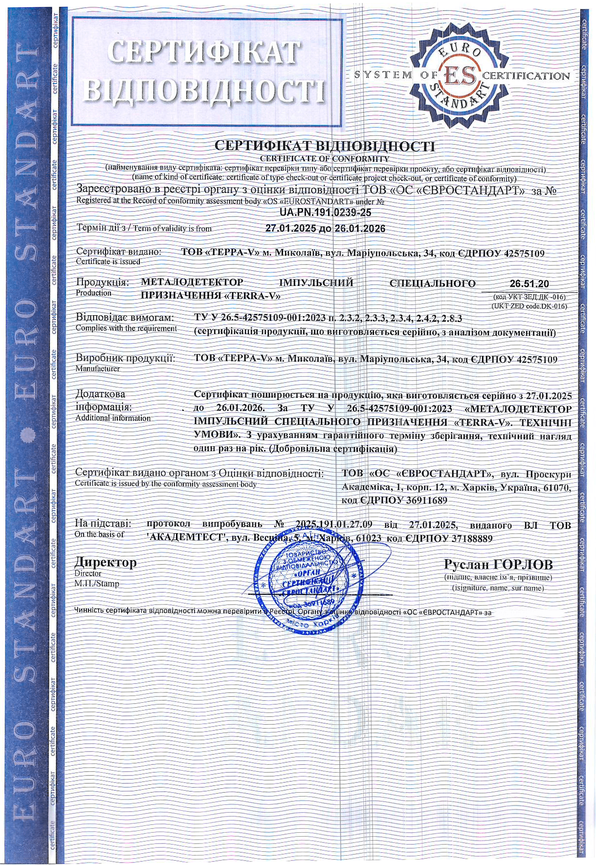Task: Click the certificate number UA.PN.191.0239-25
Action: pos(325,213)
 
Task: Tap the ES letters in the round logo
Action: pos(459,76)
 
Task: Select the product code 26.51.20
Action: pos(529,283)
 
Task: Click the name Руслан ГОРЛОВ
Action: pos(498,564)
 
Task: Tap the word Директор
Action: pos(106,562)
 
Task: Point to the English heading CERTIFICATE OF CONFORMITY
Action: pos(325,158)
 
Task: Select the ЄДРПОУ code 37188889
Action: pos(466,538)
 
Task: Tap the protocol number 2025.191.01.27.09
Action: pos(334,524)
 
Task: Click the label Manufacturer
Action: pos(97,368)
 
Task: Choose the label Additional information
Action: pos(113,418)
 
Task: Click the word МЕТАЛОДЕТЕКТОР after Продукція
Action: pos(192,282)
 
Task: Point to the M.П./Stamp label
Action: pos(97,584)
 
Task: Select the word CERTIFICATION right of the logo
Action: pos(526,76)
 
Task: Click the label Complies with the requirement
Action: pos(126,328)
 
